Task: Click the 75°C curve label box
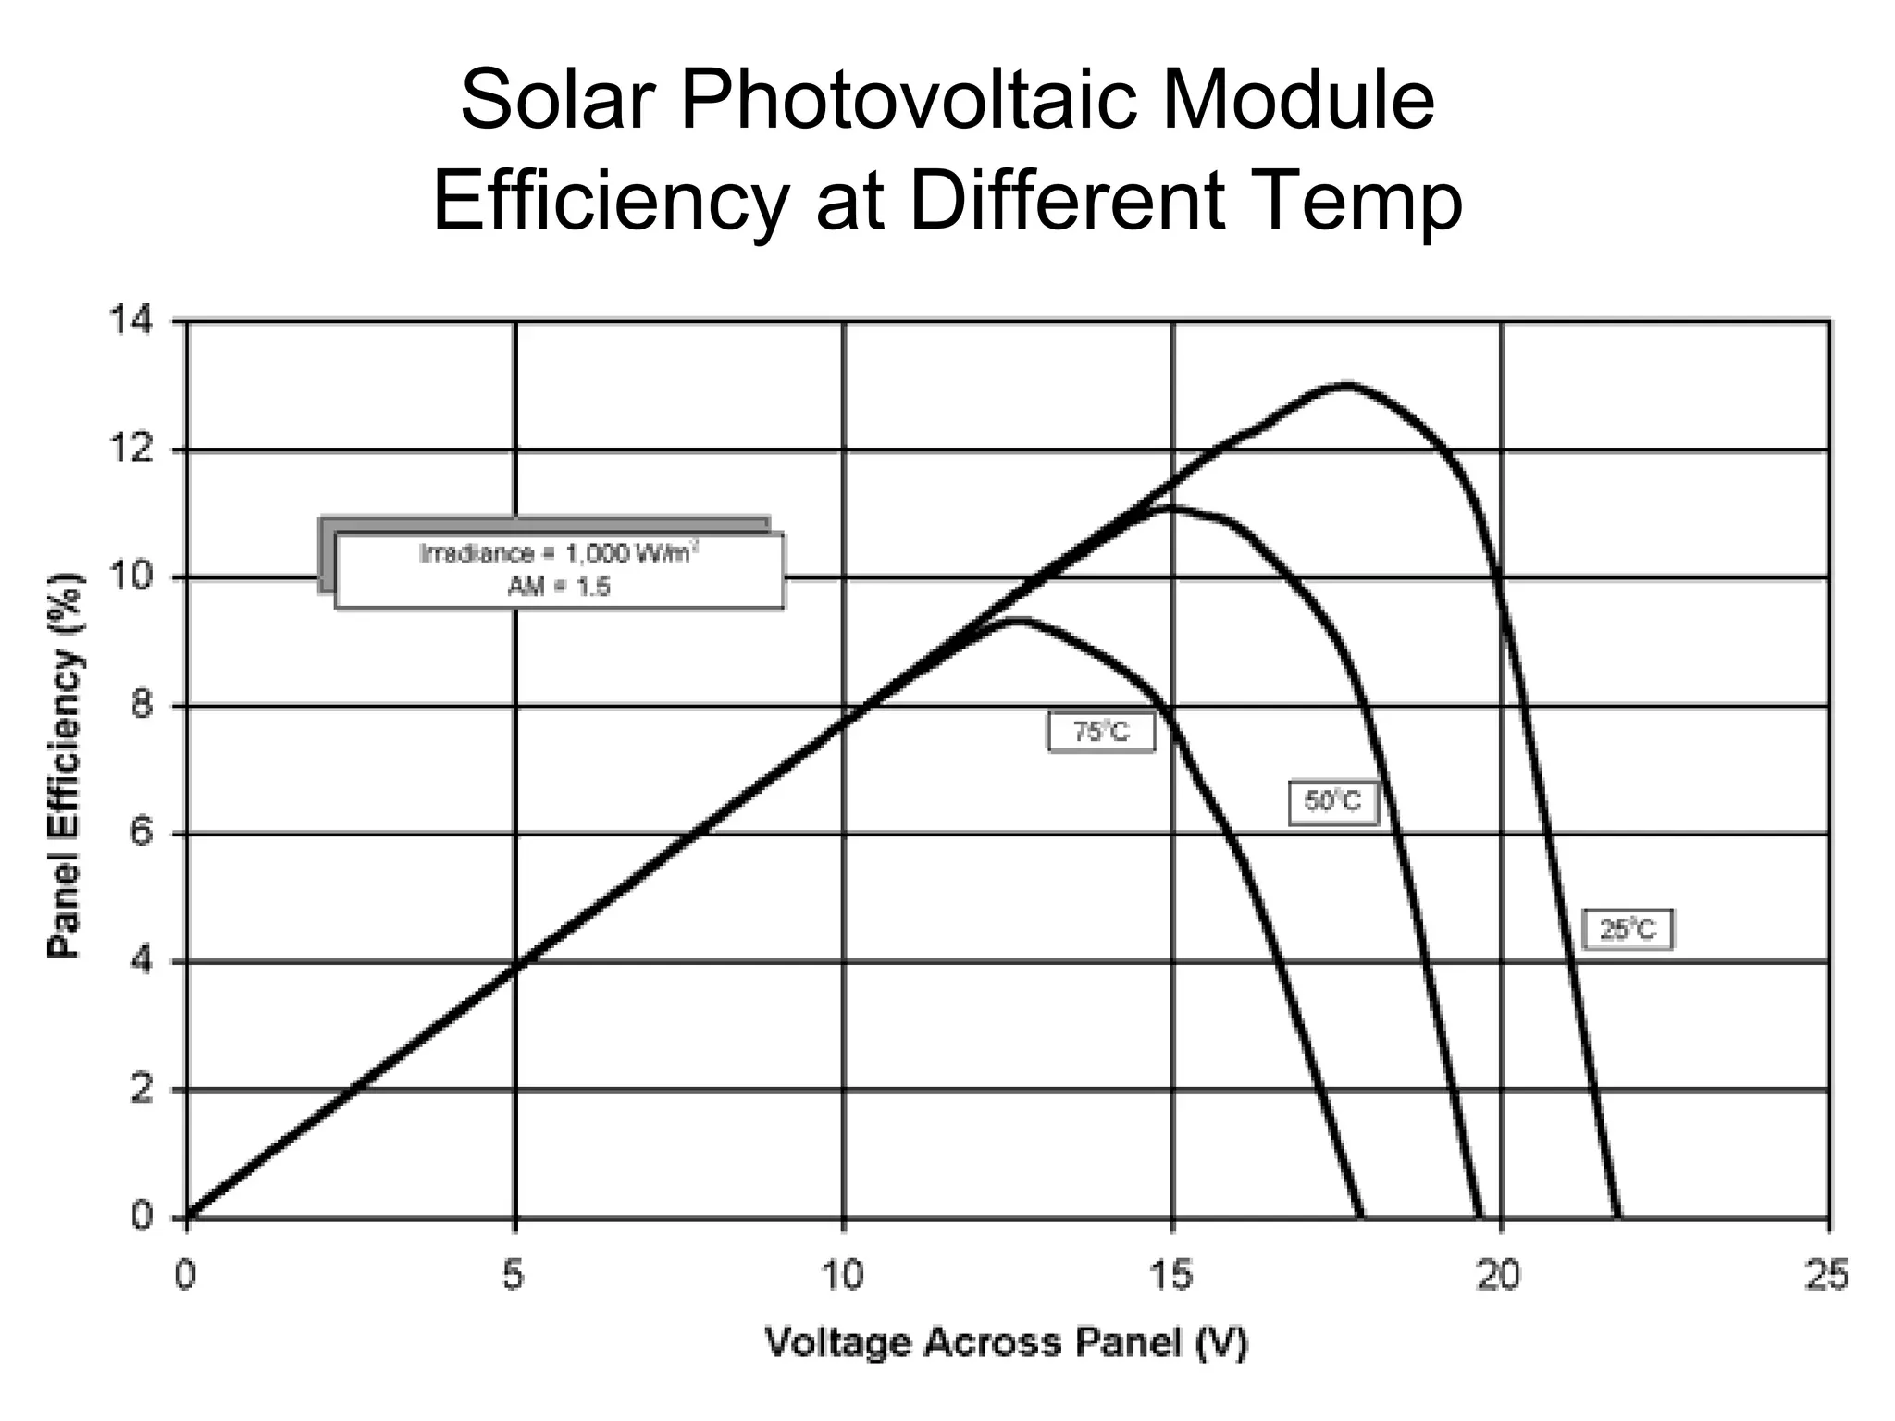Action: [1101, 732]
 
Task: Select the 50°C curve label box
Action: [1333, 801]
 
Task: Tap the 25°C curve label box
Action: [1628, 929]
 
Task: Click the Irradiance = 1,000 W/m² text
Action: [559, 553]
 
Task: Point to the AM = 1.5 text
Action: [559, 587]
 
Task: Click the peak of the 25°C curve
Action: [1346, 384]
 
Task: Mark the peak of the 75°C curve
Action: [1018, 621]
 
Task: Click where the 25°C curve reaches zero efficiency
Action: [1617, 1217]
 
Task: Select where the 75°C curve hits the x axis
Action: [1360, 1217]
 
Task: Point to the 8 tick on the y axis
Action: [139, 707]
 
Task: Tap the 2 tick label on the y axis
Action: [139, 1090]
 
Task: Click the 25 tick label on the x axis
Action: [1827, 1277]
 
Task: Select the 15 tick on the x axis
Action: [1171, 1277]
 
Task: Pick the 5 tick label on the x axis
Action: [514, 1277]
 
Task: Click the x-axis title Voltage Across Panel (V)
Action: [1007, 1342]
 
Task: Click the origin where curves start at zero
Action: [188, 1217]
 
